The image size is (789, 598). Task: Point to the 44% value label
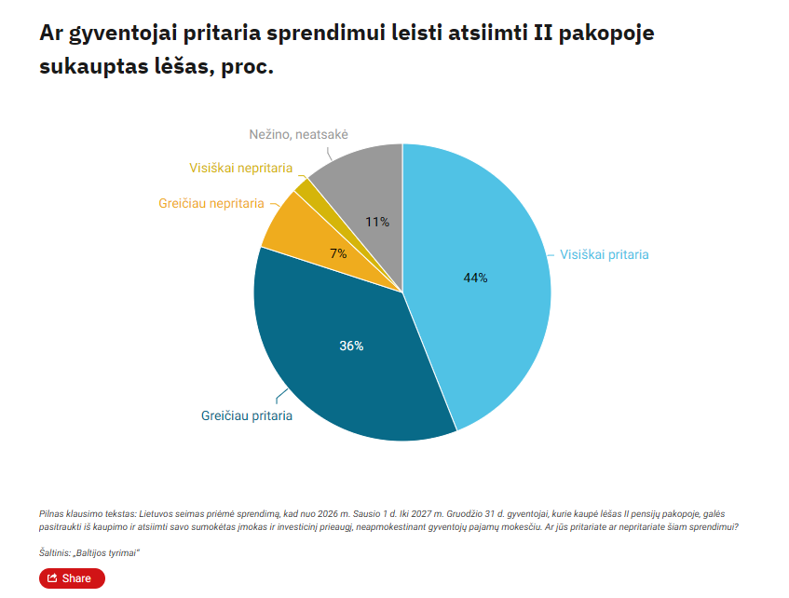point(475,278)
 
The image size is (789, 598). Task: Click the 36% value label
point(351,346)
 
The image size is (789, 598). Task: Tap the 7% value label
point(338,253)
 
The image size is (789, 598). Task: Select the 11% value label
point(377,222)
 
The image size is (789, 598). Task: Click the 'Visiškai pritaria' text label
point(604,254)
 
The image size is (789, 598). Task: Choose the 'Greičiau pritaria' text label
point(247,416)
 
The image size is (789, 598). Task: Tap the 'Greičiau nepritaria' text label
point(211,203)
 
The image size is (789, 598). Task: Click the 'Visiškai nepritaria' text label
point(240,169)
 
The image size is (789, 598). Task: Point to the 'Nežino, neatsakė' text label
point(298,135)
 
